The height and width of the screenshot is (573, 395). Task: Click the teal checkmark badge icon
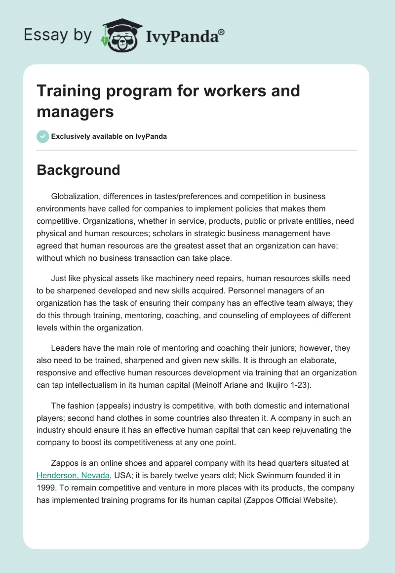(43, 136)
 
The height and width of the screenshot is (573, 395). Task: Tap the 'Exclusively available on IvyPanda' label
(109, 136)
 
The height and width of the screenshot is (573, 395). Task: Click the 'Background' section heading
(79, 170)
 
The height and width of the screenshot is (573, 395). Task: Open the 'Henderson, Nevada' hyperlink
(73, 475)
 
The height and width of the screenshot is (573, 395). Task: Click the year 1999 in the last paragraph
(46, 488)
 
